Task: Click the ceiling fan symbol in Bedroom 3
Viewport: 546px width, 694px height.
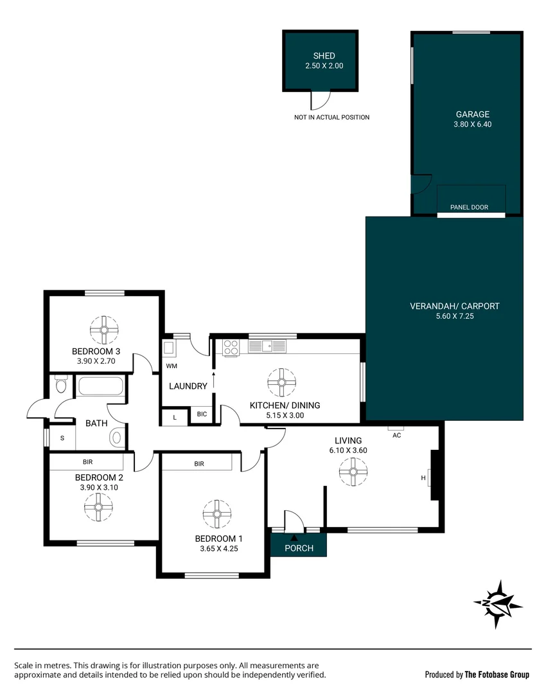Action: pos(104,330)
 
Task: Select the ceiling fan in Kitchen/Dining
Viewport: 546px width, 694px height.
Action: pos(281,382)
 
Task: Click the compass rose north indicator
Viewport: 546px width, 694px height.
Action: pos(498,603)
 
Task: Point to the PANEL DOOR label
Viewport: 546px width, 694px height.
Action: pos(470,208)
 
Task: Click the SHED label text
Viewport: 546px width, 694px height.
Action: pos(320,56)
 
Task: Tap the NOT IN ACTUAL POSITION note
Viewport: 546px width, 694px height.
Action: pos(331,118)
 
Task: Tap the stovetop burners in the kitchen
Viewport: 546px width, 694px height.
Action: pos(230,347)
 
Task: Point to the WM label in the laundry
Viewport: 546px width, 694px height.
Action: pos(172,366)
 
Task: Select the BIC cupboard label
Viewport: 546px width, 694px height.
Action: pos(202,414)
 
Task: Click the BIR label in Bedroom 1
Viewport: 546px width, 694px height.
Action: pos(198,463)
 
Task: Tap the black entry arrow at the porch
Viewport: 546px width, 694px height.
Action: pos(294,537)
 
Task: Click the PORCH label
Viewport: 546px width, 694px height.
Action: pos(299,548)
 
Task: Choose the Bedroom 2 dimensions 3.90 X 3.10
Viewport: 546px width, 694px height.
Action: pos(98,487)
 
